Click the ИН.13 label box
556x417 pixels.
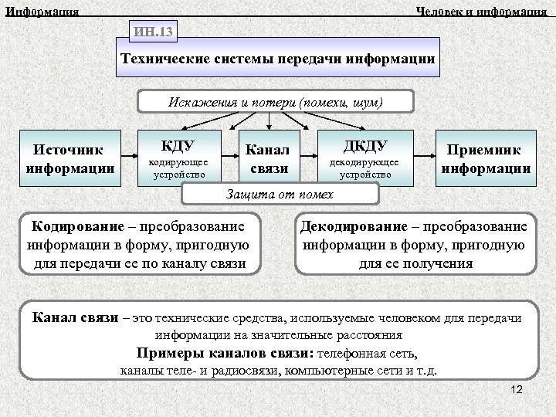tap(154, 32)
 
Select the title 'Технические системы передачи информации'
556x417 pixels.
tap(278, 59)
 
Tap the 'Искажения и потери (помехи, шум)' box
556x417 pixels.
tap(276, 102)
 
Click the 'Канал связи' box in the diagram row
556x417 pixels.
tap(268, 158)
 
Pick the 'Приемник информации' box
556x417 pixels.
tap(485, 158)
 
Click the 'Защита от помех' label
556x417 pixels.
tap(279, 193)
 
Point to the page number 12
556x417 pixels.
tap(517, 390)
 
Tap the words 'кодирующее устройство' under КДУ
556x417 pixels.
tap(178, 168)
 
